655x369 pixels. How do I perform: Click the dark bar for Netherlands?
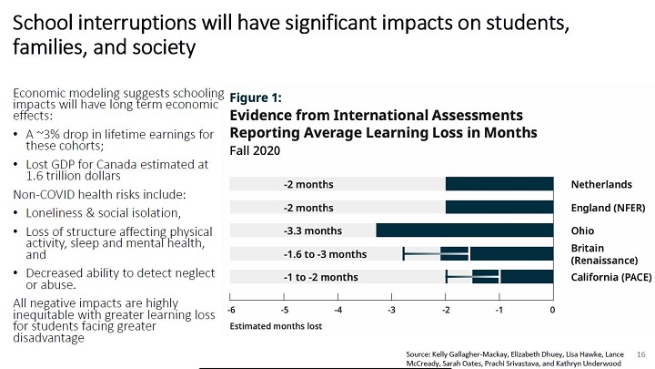(x=499, y=184)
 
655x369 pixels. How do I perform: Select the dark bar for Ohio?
(x=464, y=231)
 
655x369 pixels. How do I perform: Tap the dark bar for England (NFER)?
(x=499, y=208)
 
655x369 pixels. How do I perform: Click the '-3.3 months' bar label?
(x=312, y=231)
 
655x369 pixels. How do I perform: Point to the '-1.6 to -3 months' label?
(x=325, y=254)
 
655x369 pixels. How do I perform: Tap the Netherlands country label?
(x=601, y=184)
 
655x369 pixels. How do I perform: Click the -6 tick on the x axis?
(x=231, y=309)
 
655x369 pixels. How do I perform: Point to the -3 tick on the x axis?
(x=391, y=309)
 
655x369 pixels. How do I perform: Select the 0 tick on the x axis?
(x=552, y=309)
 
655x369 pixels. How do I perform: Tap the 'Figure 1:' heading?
(x=256, y=97)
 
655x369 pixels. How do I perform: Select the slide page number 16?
(x=640, y=353)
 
